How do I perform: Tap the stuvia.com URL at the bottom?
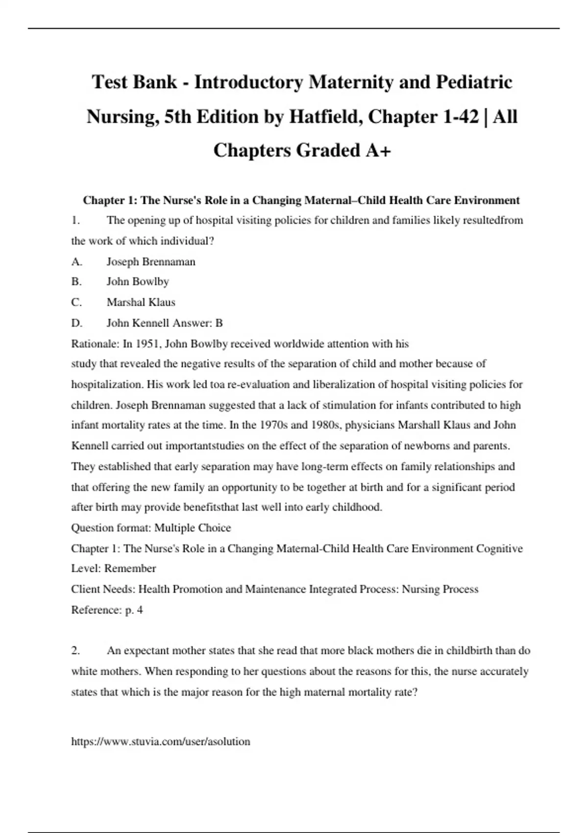161,741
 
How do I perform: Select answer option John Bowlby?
138,282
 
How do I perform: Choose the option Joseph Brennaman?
151,262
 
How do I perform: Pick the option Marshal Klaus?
141,302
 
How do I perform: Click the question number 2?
75,651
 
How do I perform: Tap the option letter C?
76,302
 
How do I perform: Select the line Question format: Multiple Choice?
151,528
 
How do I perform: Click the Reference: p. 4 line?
107,610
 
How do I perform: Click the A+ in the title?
378,150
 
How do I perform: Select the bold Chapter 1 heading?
301,200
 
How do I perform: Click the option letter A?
76,262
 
